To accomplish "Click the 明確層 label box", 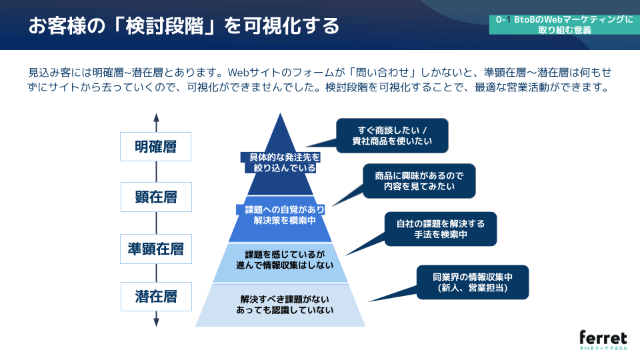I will (155, 147).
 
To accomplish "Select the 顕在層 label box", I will (155, 197).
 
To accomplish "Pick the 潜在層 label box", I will (155, 297).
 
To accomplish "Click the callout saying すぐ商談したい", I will (392, 135).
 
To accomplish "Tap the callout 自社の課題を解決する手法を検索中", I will (440, 229).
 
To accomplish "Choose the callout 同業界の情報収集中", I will (472, 281).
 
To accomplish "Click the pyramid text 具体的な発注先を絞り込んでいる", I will (281, 163).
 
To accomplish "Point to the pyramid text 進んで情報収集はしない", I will (281, 265).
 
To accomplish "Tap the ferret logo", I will (603, 336).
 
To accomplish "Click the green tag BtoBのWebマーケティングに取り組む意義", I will (564, 25).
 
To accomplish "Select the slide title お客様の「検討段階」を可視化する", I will (183, 26).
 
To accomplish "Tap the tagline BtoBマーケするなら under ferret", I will (603, 349).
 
